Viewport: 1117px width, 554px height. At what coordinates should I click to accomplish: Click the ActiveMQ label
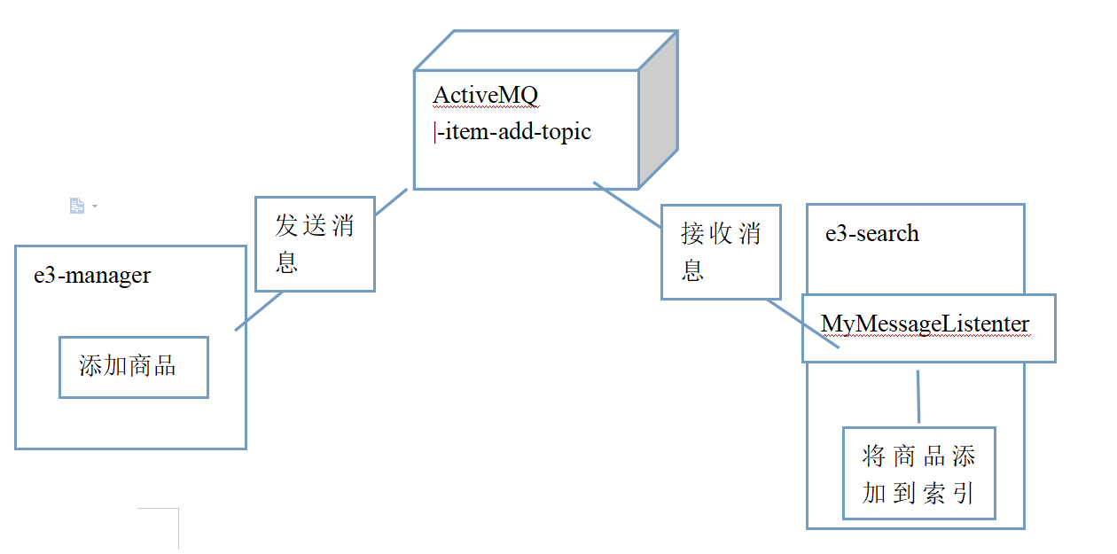point(486,95)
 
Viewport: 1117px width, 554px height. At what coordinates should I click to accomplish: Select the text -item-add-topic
point(513,133)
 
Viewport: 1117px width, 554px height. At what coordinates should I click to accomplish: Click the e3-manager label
point(92,275)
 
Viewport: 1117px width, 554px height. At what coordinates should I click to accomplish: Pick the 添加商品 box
point(133,366)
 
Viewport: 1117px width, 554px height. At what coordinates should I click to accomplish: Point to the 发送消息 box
point(315,244)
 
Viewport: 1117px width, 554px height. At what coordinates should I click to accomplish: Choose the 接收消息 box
point(721,252)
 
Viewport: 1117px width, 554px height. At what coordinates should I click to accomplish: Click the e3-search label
point(872,233)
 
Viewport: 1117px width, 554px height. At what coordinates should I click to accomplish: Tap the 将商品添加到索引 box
point(918,473)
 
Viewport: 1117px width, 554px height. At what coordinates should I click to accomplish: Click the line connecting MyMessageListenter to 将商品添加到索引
point(918,395)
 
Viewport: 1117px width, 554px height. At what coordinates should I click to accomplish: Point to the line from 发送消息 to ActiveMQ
point(391,202)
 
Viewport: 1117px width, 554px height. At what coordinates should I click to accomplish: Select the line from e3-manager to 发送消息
point(258,311)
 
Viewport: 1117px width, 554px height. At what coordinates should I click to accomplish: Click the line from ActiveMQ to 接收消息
point(628,206)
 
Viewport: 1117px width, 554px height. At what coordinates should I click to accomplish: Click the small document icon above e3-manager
point(77,206)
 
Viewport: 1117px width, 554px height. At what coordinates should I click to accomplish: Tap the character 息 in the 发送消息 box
point(286,261)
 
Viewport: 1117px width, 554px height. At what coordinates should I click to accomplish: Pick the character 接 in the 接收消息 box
point(692,234)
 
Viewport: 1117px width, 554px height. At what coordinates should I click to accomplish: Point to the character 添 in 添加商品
point(90,366)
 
